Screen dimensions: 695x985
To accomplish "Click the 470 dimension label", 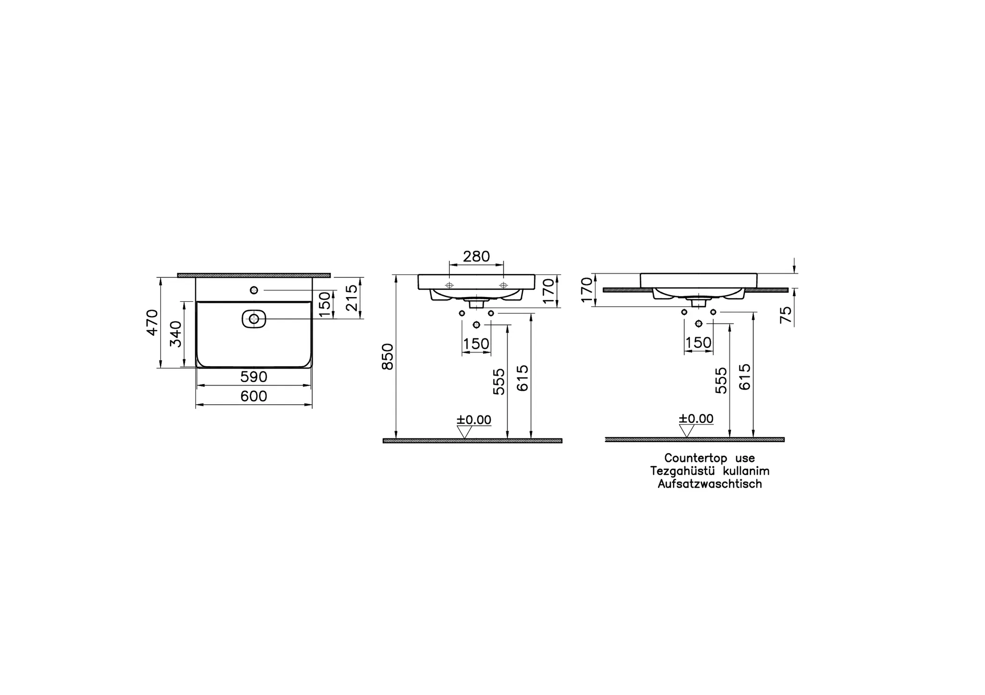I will [x=152, y=323].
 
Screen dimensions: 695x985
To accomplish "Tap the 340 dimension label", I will [x=176, y=334].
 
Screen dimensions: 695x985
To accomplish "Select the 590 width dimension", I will [x=253, y=377].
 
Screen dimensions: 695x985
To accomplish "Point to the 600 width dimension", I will [x=253, y=397].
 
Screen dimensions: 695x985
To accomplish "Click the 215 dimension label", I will [x=352, y=298].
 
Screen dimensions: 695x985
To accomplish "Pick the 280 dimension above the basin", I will [x=476, y=257].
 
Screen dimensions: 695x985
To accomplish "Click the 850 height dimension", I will [x=388, y=357].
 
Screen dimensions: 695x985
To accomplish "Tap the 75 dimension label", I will [x=785, y=315].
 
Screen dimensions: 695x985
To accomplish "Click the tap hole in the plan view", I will [x=254, y=290].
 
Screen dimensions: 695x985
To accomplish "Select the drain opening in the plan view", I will [x=253, y=319].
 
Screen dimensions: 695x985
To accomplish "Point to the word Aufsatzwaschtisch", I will [x=710, y=484].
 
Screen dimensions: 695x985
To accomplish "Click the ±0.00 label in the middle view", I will [x=474, y=420].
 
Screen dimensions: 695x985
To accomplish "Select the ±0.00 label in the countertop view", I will [x=696, y=419].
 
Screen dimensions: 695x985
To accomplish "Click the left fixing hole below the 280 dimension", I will [x=449, y=285].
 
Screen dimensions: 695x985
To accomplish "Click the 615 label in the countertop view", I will [x=745, y=376].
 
